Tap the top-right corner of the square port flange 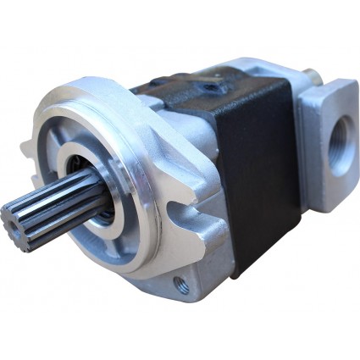[x=351, y=85]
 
